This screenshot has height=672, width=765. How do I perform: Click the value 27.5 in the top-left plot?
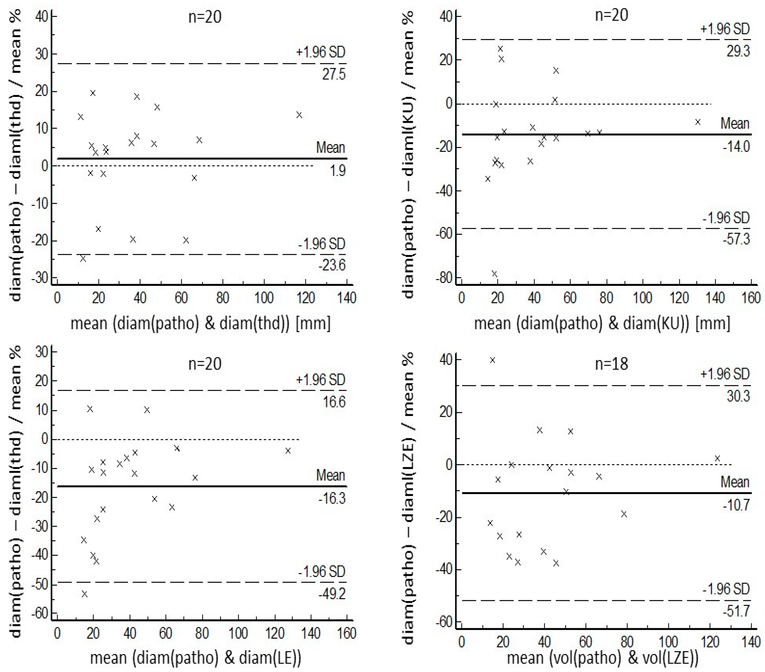[x=334, y=74]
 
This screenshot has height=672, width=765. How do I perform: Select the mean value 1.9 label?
[x=337, y=171]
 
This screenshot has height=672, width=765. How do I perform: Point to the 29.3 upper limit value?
[x=738, y=51]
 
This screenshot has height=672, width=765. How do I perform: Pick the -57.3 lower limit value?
[x=736, y=239]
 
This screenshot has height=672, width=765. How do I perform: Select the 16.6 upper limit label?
[x=334, y=402]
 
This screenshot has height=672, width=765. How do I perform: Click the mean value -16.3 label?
[x=332, y=498]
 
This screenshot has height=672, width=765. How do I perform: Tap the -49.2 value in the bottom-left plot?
[x=332, y=594]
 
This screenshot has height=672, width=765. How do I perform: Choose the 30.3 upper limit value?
[x=738, y=396]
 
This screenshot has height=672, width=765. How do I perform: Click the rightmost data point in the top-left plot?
[x=299, y=115]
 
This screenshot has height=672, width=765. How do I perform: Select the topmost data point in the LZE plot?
[x=492, y=360]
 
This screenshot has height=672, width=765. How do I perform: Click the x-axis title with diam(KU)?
[x=602, y=323]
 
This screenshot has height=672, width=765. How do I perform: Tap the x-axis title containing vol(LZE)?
[x=602, y=658]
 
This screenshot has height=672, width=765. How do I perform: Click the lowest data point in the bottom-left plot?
[x=85, y=594]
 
